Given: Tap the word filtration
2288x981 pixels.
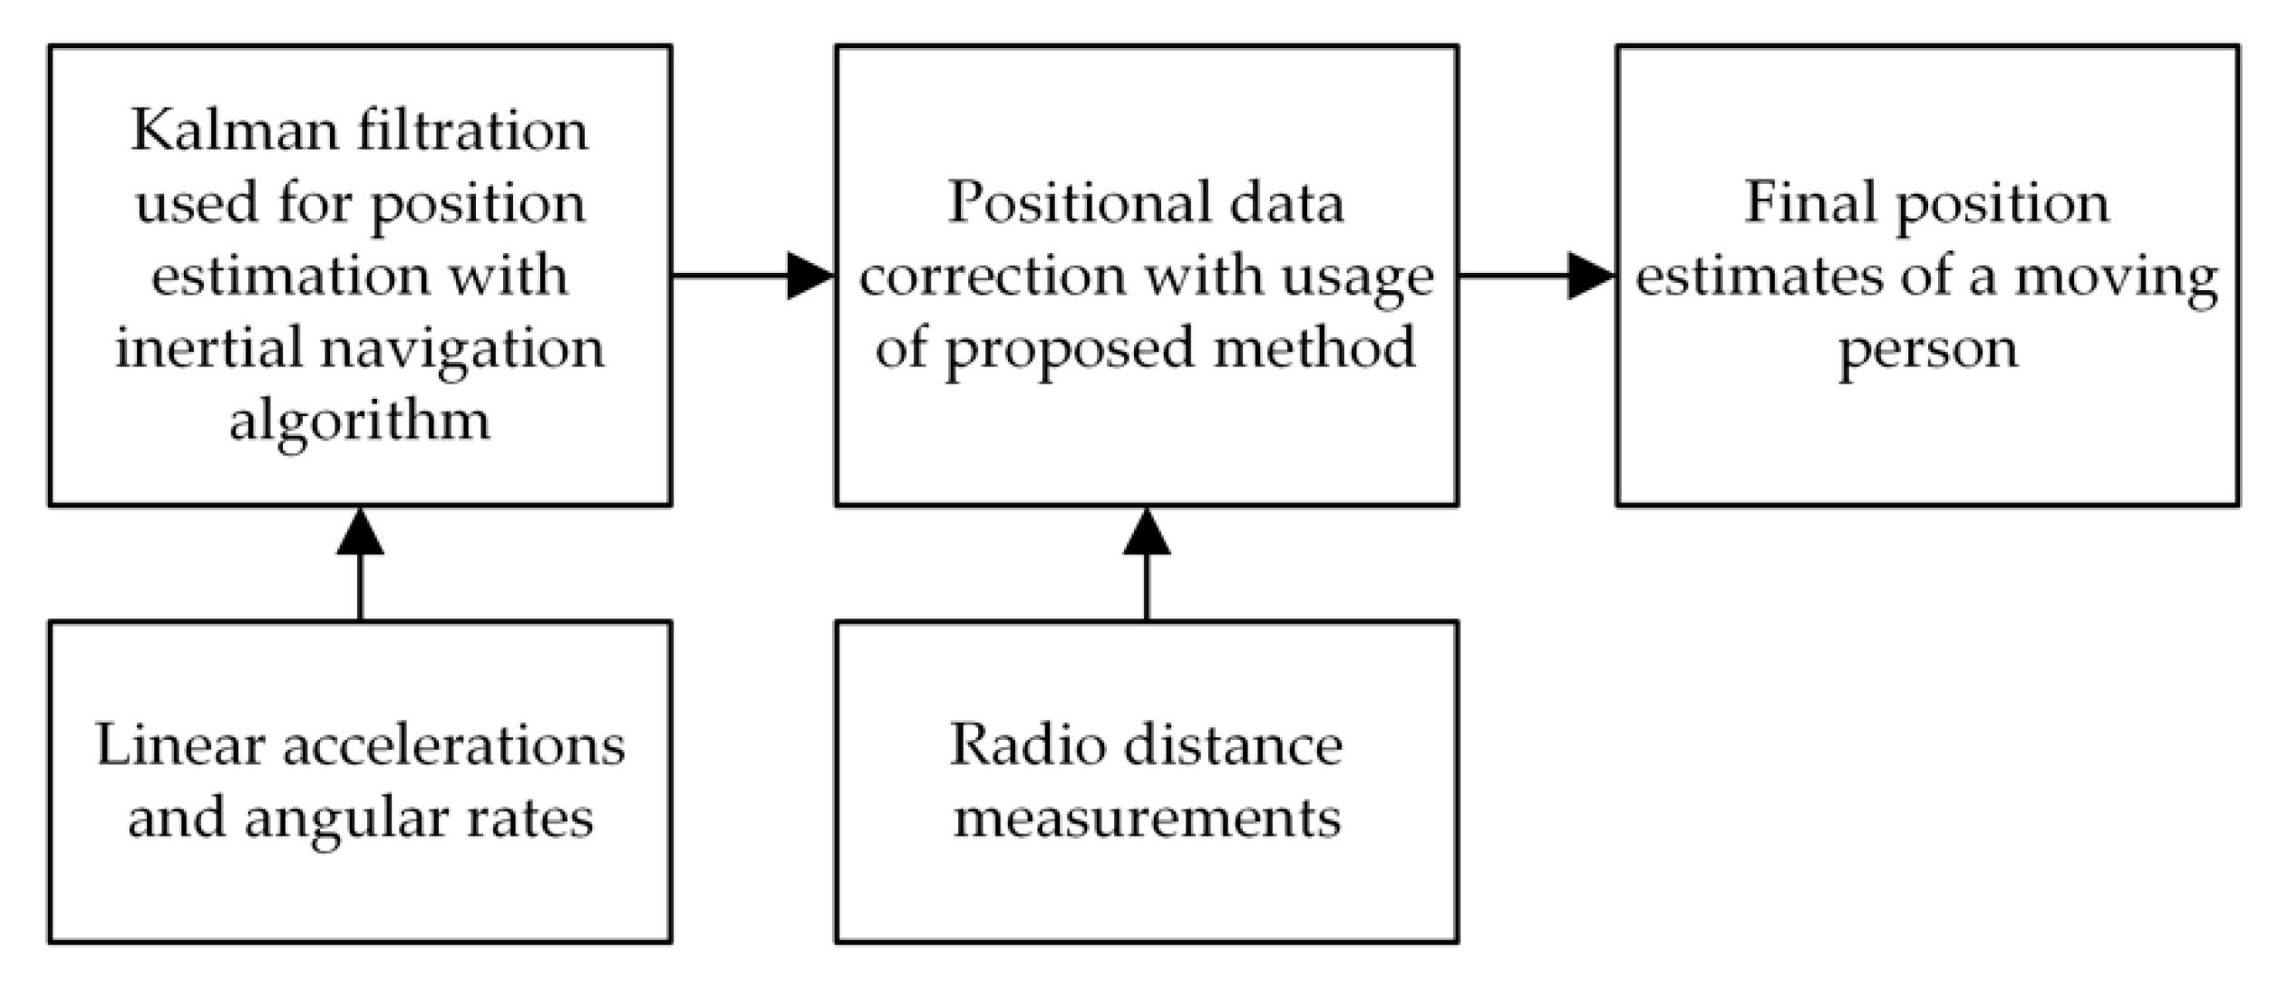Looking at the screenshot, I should (472, 131).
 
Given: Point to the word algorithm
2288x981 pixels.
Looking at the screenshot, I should (360, 422).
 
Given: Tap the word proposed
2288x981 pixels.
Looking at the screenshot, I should (1069, 350).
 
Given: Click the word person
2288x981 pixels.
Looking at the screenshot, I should (1928, 350).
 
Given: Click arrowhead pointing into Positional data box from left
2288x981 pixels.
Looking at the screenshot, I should (810, 276).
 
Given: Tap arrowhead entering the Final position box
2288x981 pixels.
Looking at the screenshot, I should (1591, 276).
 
